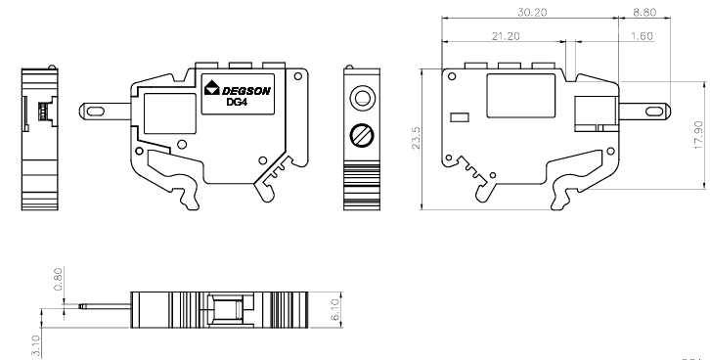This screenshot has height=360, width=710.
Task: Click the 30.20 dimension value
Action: [532, 12]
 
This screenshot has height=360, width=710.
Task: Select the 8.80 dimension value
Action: [644, 12]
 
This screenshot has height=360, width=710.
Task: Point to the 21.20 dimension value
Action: [506, 36]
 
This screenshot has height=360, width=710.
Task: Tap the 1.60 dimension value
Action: [642, 36]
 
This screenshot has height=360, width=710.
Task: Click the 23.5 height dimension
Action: [416, 138]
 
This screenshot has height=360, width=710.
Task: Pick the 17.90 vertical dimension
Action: [698, 135]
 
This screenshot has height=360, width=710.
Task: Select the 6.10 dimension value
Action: [335, 309]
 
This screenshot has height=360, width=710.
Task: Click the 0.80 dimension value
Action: [58, 279]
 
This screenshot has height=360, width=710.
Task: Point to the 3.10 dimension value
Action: [36, 345]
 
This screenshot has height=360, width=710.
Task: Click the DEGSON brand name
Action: [245, 91]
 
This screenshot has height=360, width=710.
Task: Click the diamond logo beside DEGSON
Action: [212, 88]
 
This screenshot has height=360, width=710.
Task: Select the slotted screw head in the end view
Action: [362, 135]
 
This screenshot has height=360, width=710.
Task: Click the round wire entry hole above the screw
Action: [362, 98]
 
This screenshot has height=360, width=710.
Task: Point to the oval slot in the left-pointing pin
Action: [95, 112]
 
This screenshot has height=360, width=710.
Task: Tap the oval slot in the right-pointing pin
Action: [654, 112]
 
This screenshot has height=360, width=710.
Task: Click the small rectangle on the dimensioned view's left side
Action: [460, 117]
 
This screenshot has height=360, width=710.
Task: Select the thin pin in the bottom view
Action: [105, 306]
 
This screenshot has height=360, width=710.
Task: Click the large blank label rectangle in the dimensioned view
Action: [520, 96]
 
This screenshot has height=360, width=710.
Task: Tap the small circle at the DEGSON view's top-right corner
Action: [298, 76]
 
